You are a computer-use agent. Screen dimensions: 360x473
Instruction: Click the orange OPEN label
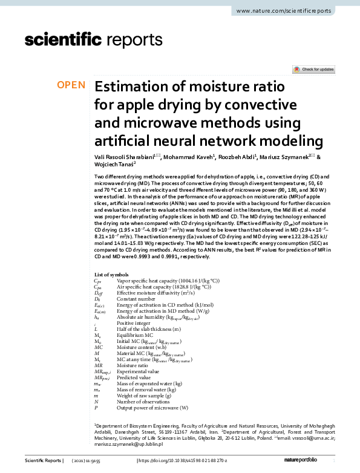[x=71, y=85]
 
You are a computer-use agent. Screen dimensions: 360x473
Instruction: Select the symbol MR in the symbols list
[x=97, y=366]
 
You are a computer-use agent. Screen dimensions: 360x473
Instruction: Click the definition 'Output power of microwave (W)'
[x=148, y=408]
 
